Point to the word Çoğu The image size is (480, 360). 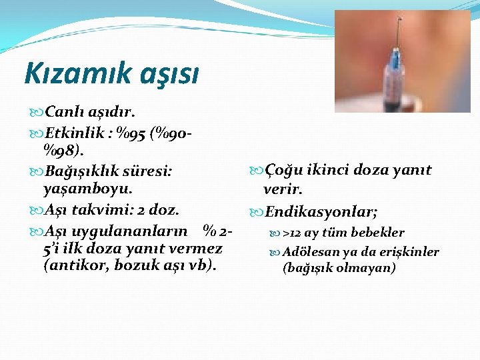tap(287, 171)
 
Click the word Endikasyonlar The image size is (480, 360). tap(321, 212)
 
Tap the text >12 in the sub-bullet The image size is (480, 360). tap(291, 233)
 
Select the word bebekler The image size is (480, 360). tap(379, 233)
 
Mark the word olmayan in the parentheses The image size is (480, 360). tap(367, 268)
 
